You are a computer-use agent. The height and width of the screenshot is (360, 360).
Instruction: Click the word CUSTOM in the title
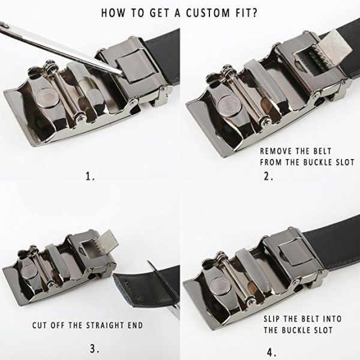208,13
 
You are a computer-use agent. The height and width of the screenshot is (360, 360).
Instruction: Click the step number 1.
90,176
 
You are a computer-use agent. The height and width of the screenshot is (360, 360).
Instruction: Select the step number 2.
268,176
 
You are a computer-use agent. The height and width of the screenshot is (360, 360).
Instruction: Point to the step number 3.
94,349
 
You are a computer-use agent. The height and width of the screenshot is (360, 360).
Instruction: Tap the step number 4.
272,352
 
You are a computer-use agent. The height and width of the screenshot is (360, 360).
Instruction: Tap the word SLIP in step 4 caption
272,319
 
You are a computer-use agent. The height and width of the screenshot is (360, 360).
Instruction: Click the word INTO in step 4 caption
332,319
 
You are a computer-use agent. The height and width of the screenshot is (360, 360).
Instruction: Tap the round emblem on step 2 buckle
228,106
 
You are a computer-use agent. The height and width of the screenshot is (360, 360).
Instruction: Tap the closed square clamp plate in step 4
293,253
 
